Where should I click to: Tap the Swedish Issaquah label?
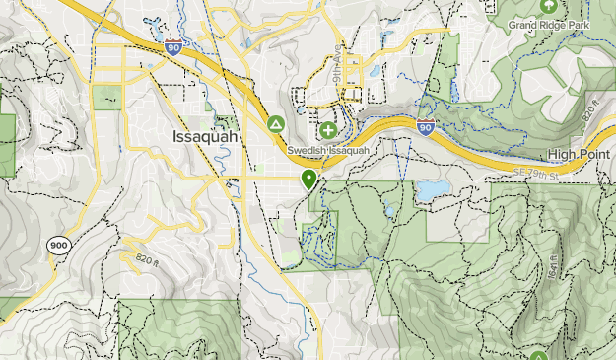[328, 151]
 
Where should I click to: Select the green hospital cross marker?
[327, 130]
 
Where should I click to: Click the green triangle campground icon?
[277, 124]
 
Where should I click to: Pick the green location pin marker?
[308, 180]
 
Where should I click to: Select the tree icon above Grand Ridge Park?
[548, 4]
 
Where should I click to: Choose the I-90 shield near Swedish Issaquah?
[426, 126]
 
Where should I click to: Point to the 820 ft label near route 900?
[147, 258]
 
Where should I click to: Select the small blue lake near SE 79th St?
[430, 189]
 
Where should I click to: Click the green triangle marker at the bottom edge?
[538, 356]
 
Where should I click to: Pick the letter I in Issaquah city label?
[175, 136]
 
